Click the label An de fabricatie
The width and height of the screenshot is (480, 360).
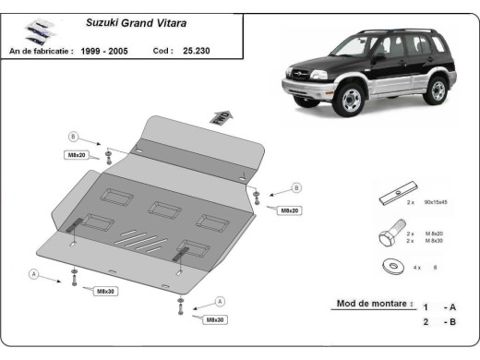point(41,52)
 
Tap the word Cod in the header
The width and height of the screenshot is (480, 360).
point(162,52)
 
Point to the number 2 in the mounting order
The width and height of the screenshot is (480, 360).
point(426,322)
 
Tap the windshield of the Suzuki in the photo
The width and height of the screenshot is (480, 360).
point(350,46)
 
